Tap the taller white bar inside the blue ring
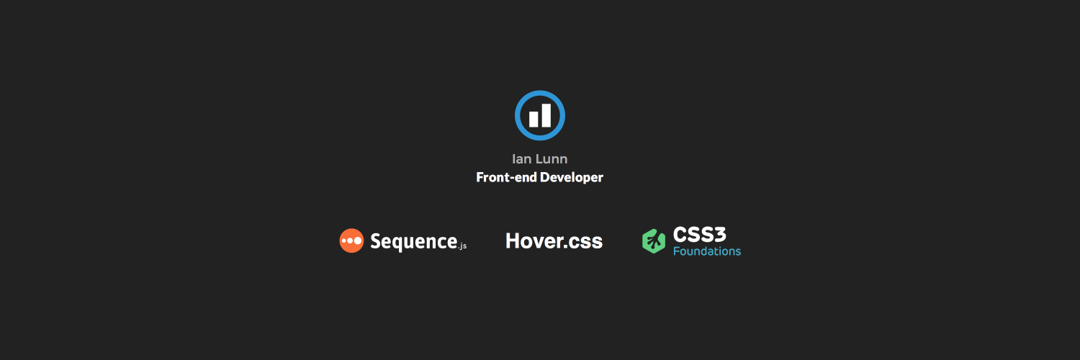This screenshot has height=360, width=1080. tap(546, 115)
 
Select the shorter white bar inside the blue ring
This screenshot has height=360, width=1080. tap(534, 119)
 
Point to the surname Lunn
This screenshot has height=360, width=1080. tap(551, 159)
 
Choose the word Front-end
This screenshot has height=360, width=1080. tap(501, 177)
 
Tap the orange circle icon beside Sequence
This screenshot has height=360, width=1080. tap(351, 240)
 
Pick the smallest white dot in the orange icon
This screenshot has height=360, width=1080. tap(343, 240)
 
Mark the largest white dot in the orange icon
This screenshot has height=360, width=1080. tap(358, 240)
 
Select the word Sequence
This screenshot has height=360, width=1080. tap(413, 241)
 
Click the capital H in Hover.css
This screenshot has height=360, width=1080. tap(513, 240)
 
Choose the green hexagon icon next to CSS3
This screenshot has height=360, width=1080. tap(653, 241)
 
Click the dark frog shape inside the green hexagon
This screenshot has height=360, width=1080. tap(654, 241)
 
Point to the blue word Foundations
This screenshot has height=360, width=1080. tap(706, 251)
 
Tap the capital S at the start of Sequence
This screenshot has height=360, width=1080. tap(376, 240)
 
